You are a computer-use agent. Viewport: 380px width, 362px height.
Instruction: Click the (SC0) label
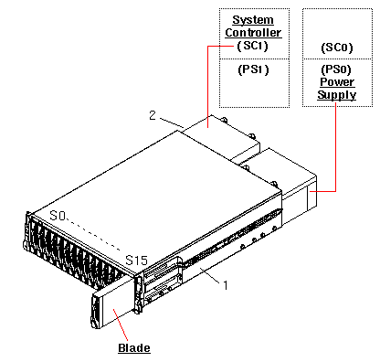click(337, 46)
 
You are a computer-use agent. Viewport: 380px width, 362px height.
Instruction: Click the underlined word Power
click(337, 81)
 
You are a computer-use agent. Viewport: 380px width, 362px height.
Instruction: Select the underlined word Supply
click(337, 95)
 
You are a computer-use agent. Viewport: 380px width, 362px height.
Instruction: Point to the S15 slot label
click(136, 261)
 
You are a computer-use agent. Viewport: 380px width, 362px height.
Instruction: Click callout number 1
click(223, 286)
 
